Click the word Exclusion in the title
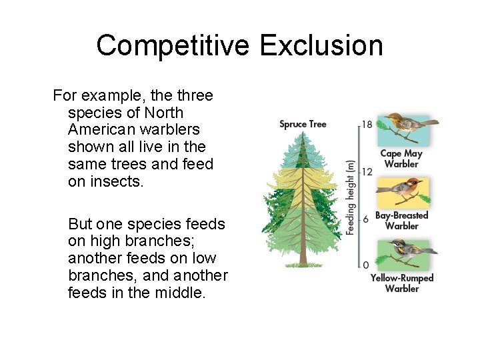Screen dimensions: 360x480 coord(321,46)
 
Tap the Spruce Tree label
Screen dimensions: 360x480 coord(303,124)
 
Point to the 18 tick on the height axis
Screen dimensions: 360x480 coord(367,124)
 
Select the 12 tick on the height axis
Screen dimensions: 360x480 coord(367,171)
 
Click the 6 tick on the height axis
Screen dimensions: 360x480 coord(365,219)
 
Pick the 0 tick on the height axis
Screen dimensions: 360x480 coord(365,265)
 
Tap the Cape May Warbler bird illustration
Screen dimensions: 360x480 coord(404,128)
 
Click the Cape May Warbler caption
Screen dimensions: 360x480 coord(401,159)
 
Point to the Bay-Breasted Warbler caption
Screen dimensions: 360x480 coord(401,221)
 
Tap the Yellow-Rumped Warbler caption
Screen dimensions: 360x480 coord(401,283)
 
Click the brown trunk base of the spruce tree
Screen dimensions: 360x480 coord(303,257)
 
